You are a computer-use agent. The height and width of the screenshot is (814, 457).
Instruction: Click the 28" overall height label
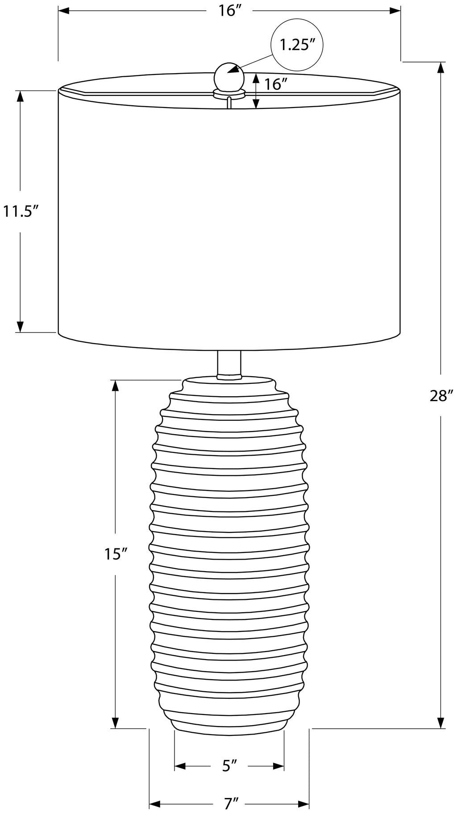[x=441, y=396]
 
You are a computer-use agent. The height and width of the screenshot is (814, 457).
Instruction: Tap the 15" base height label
[x=116, y=554]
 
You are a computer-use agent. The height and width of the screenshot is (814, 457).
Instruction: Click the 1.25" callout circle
[x=297, y=45]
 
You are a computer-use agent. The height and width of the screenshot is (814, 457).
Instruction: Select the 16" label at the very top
[x=229, y=10]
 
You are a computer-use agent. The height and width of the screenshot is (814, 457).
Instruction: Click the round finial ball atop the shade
[x=229, y=77]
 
